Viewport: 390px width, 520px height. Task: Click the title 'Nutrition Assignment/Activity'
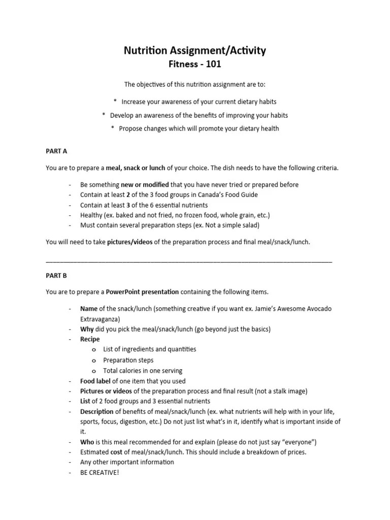pos(195,50)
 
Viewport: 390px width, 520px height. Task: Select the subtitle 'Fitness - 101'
pos(195,64)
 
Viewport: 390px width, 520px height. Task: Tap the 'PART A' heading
pos(56,151)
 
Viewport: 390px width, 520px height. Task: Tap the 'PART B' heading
pos(56,276)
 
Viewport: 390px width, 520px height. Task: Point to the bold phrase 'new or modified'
pos(145,185)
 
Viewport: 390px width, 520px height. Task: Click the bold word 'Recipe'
pos(90,339)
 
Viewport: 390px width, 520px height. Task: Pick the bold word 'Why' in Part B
pos(87,329)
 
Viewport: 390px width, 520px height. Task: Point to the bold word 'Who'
pos(87,442)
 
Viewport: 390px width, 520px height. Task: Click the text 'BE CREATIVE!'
pos(99,472)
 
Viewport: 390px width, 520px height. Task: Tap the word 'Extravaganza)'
pos(100,319)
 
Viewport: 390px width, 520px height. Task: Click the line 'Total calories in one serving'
pos(143,371)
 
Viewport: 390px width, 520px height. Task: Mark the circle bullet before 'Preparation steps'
pos(94,361)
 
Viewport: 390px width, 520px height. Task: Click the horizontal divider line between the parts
pos(189,261)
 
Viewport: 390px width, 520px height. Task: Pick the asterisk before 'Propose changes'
pos(113,128)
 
